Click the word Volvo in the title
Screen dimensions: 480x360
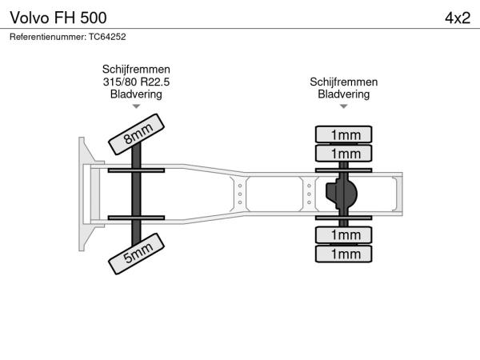[x=30, y=18]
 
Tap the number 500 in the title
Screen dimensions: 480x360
[x=94, y=18]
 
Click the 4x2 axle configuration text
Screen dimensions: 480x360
[x=458, y=18]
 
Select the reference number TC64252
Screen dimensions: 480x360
[x=107, y=37]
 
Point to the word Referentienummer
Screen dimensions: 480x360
[x=48, y=37]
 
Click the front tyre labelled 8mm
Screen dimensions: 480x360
[x=136, y=134]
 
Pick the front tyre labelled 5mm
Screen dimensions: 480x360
[x=136, y=254]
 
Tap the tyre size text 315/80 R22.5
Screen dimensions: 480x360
[x=136, y=82]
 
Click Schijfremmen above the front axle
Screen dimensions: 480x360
[x=136, y=69]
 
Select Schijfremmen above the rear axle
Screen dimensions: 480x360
[x=344, y=82]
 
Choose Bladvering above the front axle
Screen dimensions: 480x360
[x=136, y=94]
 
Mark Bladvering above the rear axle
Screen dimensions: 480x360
[x=344, y=94]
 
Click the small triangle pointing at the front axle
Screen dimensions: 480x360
[x=136, y=106]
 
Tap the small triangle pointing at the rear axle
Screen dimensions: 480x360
[x=344, y=106]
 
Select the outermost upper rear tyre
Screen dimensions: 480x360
[x=343, y=134]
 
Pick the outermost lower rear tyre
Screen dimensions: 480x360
[x=343, y=254]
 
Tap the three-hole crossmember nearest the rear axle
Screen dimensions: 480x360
[x=309, y=194]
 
